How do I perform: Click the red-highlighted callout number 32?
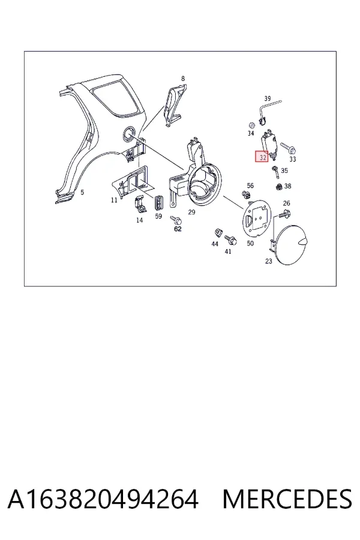pos(263,157)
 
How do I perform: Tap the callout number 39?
pos(268,98)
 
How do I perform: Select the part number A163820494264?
pos(103,499)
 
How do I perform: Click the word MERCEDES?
pos(287,499)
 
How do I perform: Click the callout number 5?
pos(82,192)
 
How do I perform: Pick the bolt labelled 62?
pos(176,219)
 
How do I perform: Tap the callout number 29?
pos(191,212)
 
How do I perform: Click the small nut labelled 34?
pos(251,125)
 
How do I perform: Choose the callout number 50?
pos(250,243)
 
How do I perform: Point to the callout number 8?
pos(183,79)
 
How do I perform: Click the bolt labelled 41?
pos(230,239)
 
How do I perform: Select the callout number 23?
pos(269,261)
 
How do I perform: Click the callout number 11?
pos(114,200)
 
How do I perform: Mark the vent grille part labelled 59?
pos(158,203)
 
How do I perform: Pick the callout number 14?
pos(140,220)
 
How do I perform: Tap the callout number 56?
pos(250,185)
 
